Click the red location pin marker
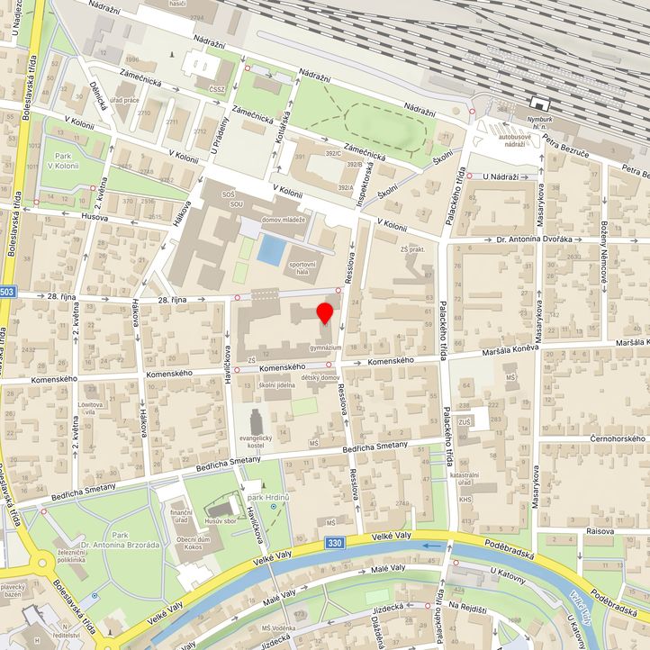(x=325, y=312)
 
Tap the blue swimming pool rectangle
(x=268, y=249)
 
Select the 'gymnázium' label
(x=325, y=347)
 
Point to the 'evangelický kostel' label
(x=256, y=440)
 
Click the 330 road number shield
(x=335, y=544)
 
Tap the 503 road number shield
(x=7, y=292)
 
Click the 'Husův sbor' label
(x=220, y=521)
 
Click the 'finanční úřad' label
(x=181, y=514)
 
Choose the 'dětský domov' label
(x=319, y=377)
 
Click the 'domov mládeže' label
(x=284, y=220)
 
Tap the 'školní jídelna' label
(x=279, y=385)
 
